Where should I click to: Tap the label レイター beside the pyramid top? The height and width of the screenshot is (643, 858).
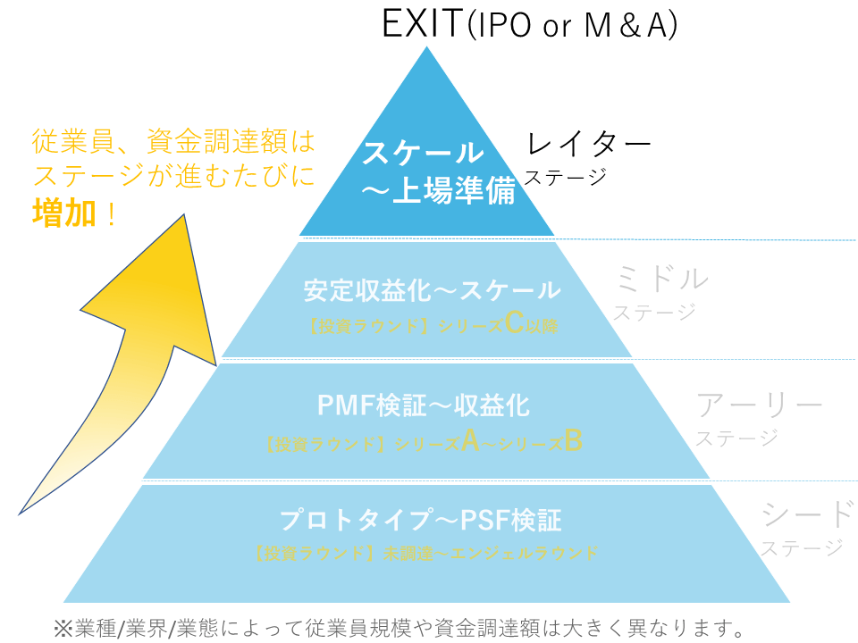tap(588, 144)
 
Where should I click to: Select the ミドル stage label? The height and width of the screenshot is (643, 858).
tap(662, 280)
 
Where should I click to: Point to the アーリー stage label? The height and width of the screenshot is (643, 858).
tap(760, 406)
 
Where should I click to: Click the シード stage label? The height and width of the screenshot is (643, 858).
tap(807, 514)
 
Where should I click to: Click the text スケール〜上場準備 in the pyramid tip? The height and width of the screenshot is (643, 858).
tap(437, 172)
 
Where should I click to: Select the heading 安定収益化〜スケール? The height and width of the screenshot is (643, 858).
tap(432, 290)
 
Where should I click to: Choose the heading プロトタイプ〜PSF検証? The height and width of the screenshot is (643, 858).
tap(421, 520)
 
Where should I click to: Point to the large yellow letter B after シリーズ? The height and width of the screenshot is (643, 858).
tap(574, 441)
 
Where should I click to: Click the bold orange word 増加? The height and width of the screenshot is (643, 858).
tap(63, 213)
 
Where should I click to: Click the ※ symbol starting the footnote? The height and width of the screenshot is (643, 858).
tap(63, 626)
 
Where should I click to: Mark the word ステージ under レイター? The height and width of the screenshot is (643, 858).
tap(565, 177)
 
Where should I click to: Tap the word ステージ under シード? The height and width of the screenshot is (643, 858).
tap(802, 547)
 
